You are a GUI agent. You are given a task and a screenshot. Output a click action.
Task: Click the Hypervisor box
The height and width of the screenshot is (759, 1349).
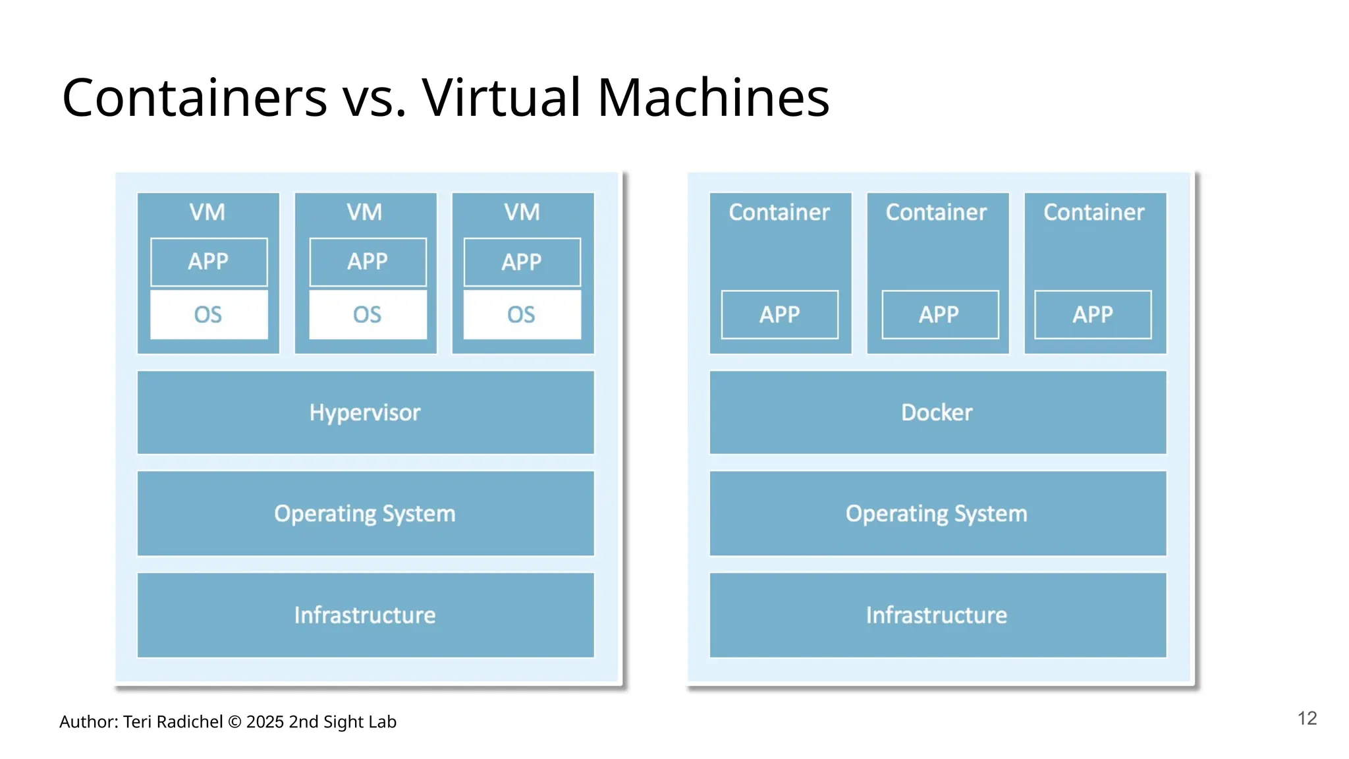point(365,412)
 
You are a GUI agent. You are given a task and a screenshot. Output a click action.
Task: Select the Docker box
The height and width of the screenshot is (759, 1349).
point(937,412)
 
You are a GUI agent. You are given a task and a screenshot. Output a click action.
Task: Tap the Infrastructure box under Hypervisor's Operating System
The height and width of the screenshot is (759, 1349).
point(365,615)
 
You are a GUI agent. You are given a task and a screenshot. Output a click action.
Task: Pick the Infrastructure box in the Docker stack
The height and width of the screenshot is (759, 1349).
point(937,615)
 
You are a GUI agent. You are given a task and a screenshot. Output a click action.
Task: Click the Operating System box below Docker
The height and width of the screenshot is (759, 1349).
point(937,513)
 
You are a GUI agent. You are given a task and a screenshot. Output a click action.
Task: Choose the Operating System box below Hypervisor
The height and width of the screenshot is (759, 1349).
point(365,513)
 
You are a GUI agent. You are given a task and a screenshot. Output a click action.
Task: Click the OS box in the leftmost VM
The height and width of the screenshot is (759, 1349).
point(208,315)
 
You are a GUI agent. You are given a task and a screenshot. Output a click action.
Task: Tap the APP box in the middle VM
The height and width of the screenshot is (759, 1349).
point(368,262)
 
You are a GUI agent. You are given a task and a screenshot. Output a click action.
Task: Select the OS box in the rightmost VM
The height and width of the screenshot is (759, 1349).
point(521,315)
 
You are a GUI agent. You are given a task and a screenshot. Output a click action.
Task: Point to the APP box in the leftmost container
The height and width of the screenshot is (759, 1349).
point(779,315)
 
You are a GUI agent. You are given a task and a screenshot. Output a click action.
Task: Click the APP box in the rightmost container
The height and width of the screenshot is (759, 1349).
point(1092,315)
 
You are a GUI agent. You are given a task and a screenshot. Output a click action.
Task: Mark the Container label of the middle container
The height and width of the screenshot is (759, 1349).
point(936,212)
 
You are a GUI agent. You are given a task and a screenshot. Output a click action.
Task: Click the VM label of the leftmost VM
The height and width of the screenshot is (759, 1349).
point(207,212)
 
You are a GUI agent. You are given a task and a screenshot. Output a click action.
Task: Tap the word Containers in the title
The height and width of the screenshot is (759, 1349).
point(194,98)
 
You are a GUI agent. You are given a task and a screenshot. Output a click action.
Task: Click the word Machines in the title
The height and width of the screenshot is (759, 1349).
point(713,98)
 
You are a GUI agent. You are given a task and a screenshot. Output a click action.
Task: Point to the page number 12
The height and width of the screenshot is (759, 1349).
point(1307,718)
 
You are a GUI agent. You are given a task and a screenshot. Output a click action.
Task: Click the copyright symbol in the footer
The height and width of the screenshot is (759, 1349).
point(234,722)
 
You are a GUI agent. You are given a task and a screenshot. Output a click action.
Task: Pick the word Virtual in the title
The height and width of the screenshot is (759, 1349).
point(502,98)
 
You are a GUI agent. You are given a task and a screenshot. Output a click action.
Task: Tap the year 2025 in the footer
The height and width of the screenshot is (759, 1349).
point(265,722)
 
